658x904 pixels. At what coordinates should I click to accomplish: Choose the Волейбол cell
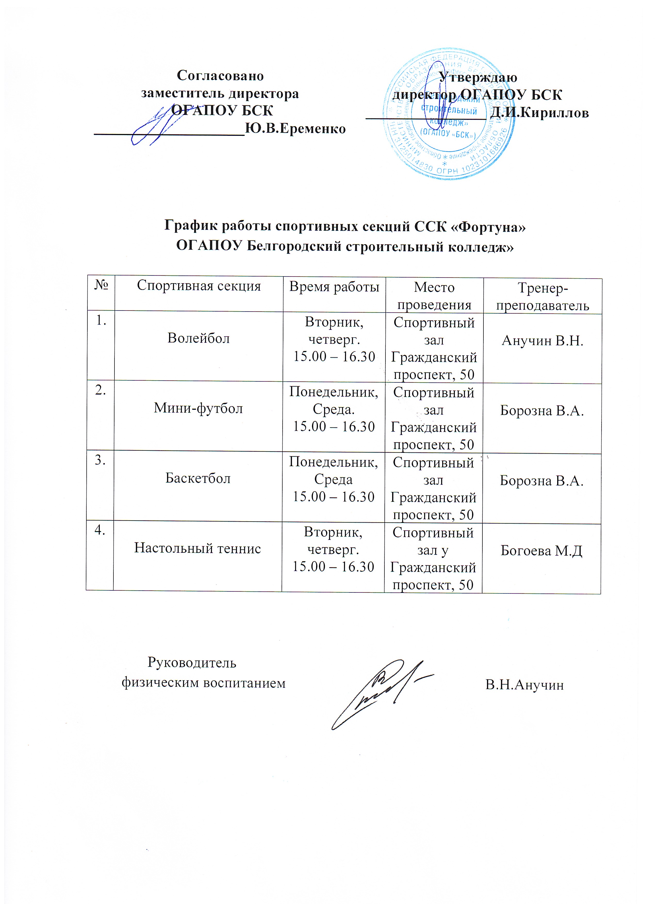[x=199, y=338]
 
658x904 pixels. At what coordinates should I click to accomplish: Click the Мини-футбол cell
[x=198, y=408]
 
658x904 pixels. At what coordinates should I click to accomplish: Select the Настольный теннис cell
[x=198, y=548]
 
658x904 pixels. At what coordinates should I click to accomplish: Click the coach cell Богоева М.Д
[x=541, y=551]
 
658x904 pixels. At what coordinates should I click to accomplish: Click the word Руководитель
[x=192, y=663]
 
